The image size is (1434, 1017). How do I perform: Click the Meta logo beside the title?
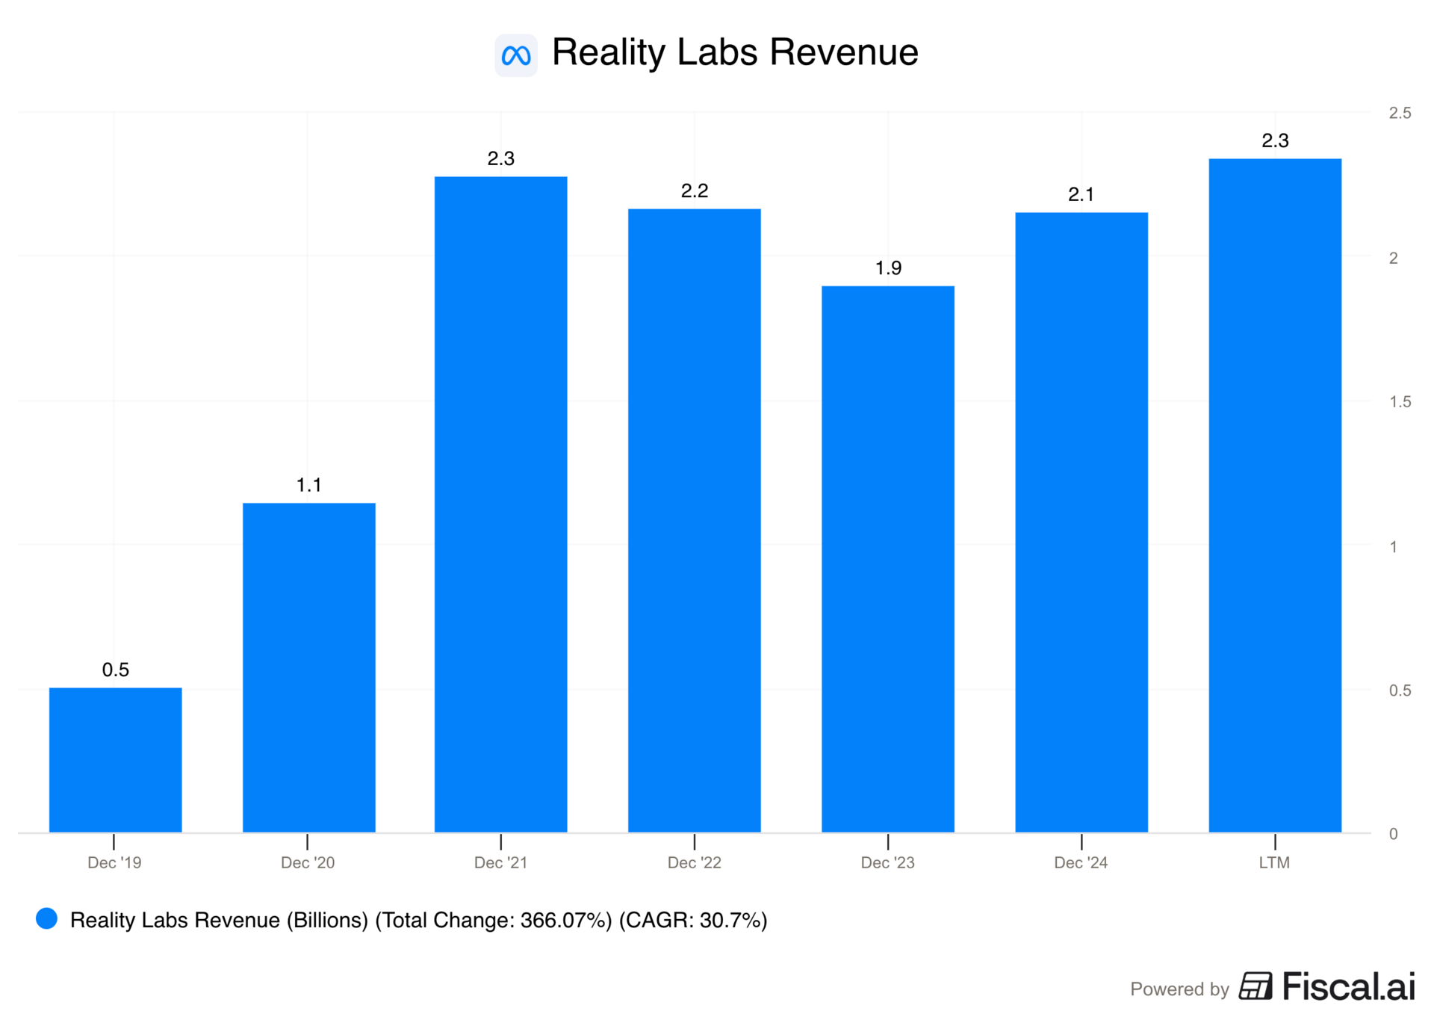pos(515,55)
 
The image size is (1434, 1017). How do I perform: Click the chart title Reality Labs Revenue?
pos(734,52)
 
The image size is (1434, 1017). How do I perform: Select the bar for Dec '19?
pos(115,759)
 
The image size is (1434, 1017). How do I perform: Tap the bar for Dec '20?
pos(308,667)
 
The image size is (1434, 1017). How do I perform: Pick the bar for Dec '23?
pos(887,558)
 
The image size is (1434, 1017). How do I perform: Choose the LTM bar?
pos(1274,495)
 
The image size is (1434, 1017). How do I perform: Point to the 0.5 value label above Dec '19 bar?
pos(115,670)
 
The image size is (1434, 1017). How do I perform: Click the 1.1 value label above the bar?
pos(308,485)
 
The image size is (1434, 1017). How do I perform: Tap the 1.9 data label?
pos(888,268)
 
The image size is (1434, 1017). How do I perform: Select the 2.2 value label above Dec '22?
pos(695,191)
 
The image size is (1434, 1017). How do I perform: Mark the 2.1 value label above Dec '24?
pos(1081,194)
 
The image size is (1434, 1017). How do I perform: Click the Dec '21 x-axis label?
pos(500,862)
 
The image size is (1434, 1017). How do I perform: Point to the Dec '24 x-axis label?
pos(1081,862)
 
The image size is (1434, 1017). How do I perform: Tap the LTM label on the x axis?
pos(1274,862)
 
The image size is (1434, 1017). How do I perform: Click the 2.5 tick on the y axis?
pos(1400,113)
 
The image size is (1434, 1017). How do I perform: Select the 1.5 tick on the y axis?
pos(1400,402)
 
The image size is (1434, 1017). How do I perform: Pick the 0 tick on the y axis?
pos(1393,834)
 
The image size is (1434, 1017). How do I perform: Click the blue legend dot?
pos(47,918)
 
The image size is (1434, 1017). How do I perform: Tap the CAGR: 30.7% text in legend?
pos(693,920)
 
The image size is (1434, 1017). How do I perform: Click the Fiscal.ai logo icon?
pos(1255,986)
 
